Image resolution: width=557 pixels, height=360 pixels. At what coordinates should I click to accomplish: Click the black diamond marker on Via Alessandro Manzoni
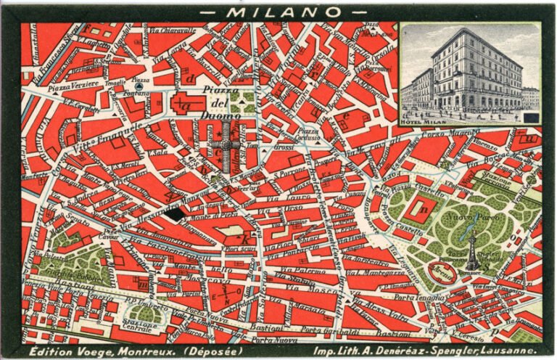point(173,213)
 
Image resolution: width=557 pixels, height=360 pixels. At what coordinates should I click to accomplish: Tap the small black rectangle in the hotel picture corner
point(531,116)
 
